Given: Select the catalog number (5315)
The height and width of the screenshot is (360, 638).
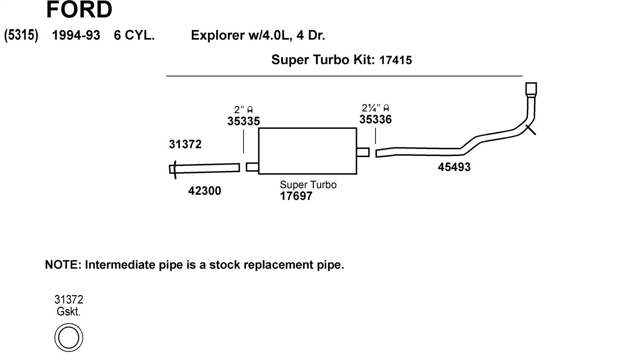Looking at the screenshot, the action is point(21,35).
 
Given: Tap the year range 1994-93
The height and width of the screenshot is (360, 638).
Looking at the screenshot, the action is point(76,35).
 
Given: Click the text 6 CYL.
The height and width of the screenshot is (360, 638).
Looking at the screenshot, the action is point(134,35).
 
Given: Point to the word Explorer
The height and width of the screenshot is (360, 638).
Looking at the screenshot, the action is point(218,35).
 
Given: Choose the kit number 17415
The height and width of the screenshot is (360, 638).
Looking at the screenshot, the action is point(396,60).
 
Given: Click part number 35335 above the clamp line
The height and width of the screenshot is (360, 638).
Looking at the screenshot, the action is point(244,121).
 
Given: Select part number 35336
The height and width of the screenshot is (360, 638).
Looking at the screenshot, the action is point(376,119).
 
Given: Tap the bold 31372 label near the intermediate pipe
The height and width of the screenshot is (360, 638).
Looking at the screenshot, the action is point(185,144).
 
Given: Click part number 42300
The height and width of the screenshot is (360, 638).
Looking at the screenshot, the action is point(205,191).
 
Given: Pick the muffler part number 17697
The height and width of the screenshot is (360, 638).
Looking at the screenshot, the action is point(296,196).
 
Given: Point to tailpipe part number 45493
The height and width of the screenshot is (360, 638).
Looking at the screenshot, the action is point(454,167).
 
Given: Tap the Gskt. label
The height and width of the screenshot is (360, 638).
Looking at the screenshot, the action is point(68,312).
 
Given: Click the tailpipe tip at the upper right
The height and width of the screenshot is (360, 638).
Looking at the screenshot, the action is point(531,89).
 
